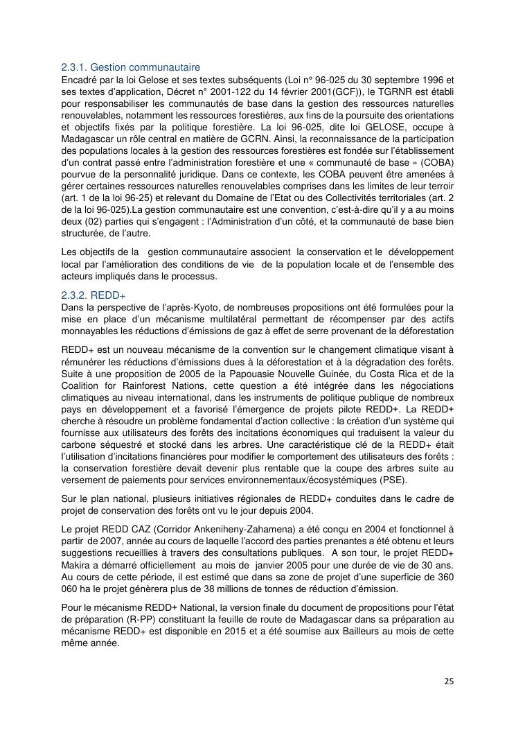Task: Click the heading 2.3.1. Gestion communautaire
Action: click(x=130, y=67)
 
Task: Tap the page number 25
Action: click(x=449, y=681)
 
